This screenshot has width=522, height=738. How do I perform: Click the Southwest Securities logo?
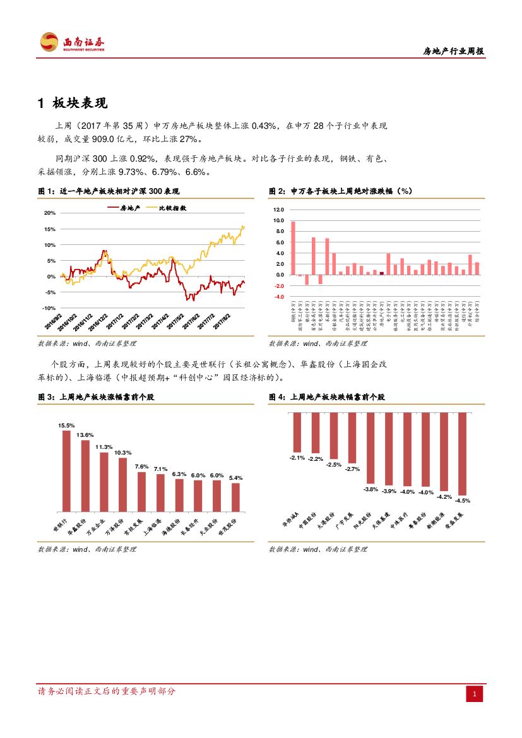[x=72, y=42]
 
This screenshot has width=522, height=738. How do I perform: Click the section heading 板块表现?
[x=80, y=104]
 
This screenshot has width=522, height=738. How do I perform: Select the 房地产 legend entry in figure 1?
[x=124, y=207]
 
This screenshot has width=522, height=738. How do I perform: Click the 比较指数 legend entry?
[x=165, y=207]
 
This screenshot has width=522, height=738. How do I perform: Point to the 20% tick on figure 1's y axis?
[x=49, y=213]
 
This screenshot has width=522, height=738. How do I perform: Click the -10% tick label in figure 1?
[x=49, y=308]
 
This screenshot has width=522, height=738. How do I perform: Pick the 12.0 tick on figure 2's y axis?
[x=279, y=210]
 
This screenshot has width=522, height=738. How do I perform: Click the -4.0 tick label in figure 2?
[x=279, y=297]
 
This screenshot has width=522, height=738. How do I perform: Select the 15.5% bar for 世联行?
[x=66, y=470]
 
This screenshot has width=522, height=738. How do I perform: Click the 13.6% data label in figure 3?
[x=85, y=435]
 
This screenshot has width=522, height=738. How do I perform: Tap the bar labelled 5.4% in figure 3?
[x=235, y=497]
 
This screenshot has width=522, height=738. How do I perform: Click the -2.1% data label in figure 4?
[x=297, y=457]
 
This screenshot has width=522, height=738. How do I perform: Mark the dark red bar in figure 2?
[x=382, y=273]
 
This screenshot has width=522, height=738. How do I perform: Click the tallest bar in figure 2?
[x=293, y=248]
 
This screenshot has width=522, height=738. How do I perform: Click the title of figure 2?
[x=341, y=191]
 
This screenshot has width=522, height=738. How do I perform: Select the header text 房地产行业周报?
[x=453, y=52]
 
